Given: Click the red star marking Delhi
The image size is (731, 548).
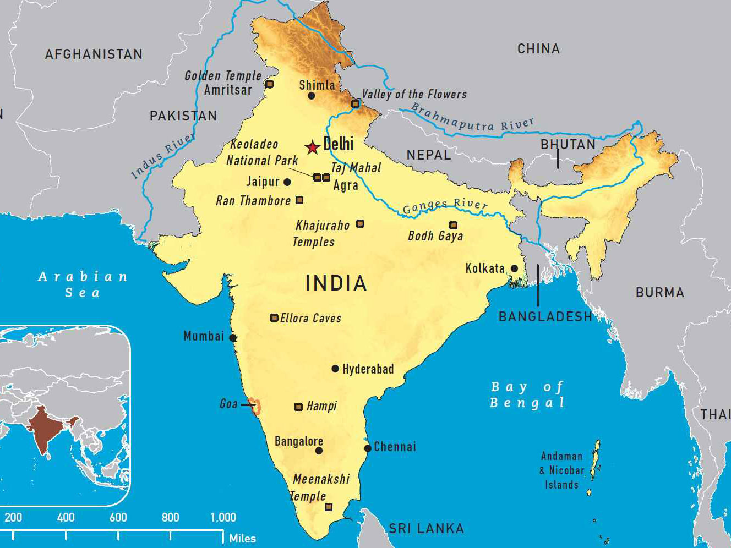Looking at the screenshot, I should point(313,147).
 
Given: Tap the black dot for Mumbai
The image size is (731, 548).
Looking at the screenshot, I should point(233,337).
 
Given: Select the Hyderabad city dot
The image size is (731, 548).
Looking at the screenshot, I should point(335,369).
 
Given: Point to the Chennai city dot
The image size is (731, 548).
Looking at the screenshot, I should point(368,448).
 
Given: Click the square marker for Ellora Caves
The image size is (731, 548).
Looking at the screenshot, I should point(274,317).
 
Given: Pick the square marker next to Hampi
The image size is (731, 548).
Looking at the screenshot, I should point(298,407).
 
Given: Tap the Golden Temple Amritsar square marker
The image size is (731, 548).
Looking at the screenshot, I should point(269,84).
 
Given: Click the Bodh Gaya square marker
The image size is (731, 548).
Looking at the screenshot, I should point(453,224).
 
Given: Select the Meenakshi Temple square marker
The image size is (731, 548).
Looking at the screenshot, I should point(329,507).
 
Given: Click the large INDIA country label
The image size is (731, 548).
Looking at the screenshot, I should point(336,283).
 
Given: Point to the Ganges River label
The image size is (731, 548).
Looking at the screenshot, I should point(445,206).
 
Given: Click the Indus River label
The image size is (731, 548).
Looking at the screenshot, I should point(162,156).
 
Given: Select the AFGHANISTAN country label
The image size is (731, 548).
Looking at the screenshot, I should point(94,54).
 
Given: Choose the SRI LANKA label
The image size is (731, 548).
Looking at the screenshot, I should point(427,529).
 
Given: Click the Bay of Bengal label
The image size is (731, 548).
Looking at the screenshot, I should point(527,394).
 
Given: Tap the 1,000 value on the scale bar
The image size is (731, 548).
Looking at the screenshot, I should point(223,517).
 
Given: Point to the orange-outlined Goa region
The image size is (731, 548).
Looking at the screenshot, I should point(255,406).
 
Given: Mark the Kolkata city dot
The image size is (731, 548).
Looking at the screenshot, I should point(514,268).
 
